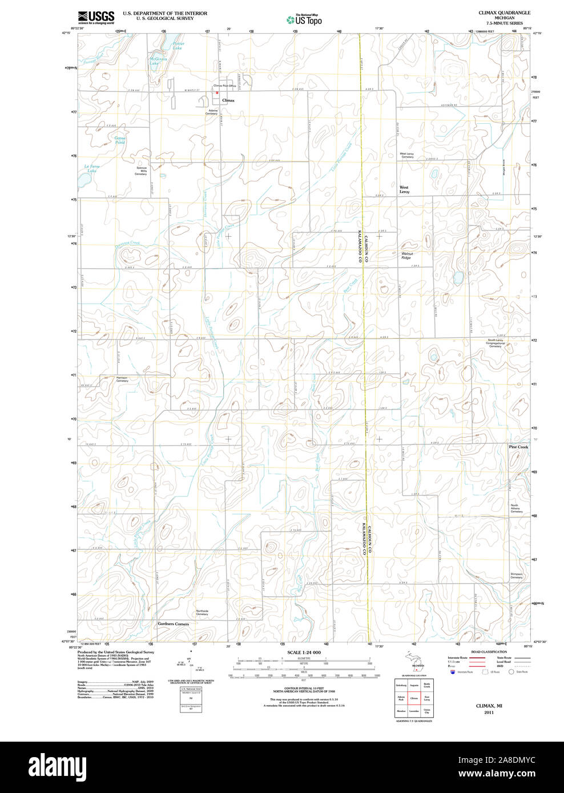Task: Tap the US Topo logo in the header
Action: pyautogui.click(x=304, y=19)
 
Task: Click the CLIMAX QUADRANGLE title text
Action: pyautogui.click(x=504, y=13)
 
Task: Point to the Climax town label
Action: pyautogui.click(x=228, y=100)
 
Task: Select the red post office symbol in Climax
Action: pyautogui.click(x=216, y=92)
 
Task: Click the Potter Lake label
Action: pyautogui.click(x=178, y=46)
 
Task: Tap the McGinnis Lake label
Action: pyautogui.click(x=158, y=61)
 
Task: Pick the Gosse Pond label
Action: pyautogui.click(x=120, y=140)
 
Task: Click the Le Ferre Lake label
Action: pyautogui.click(x=91, y=168)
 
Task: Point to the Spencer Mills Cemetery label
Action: pyautogui.click(x=141, y=171)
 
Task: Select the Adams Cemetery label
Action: pyautogui.click(x=212, y=112)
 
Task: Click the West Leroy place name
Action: pyautogui.click(x=404, y=189)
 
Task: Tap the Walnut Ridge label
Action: pyautogui.click(x=406, y=256)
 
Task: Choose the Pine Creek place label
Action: pyautogui.click(x=518, y=447)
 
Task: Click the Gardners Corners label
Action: pyautogui.click(x=173, y=624)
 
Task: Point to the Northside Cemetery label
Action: pyautogui.click(x=202, y=613)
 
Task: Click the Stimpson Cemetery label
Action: pyautogui.click(x=516, y=576)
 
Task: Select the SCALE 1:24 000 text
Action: pyautogui.click(x=304, y=652)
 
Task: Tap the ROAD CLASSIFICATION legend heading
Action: pyautogui.click(x=489, y=652)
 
